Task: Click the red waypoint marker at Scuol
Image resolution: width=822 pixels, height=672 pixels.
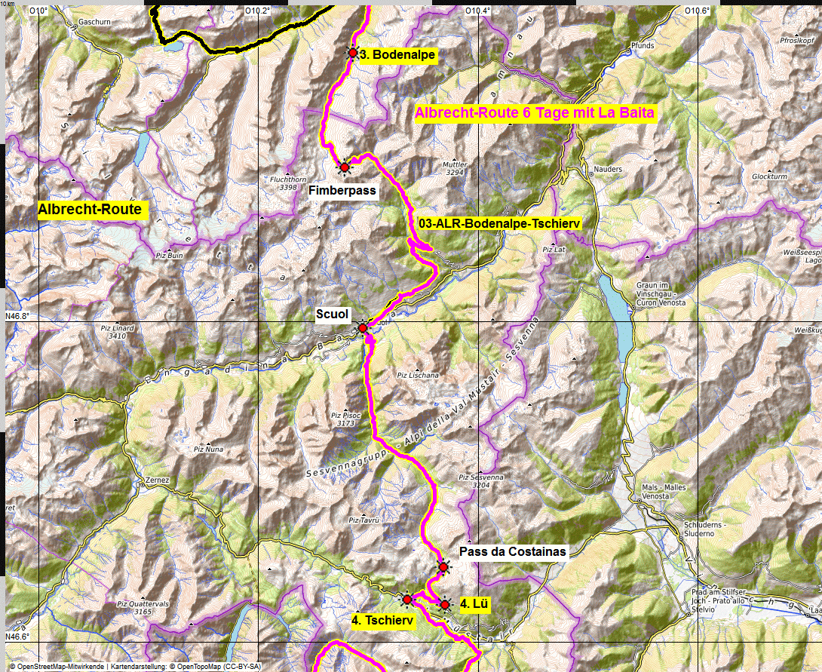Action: click(x=362, y=328)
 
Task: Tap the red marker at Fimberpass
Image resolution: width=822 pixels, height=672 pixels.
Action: click(x=344, y=167)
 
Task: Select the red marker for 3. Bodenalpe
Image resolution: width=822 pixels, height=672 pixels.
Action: click(x=352, y=53)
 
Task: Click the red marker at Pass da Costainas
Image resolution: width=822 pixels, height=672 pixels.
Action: click(x=443, y=567)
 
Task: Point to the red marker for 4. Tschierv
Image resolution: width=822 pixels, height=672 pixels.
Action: click(x=407, y=600)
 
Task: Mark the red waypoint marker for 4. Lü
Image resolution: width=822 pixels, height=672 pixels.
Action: click(x=444, y=603)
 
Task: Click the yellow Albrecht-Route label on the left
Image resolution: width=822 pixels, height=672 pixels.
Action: click(x=90, y=210)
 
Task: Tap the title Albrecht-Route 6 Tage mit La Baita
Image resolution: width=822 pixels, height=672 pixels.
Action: click(x=535, y=113)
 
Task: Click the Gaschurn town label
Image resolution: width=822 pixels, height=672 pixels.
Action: click(x=94, y=23)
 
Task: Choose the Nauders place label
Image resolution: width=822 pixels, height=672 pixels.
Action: click(x=608, y=170)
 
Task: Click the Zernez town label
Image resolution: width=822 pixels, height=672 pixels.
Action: click(x=158, y=480)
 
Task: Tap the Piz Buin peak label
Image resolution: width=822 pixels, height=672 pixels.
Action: click(x=169, y=256)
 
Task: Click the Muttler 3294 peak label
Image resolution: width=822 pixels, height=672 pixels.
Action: click(x=455, y=168)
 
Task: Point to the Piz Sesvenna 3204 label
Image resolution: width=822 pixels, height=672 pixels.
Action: click(x=481, y=481)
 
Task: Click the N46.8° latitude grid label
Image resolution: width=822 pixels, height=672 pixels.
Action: click(x=20, y=317)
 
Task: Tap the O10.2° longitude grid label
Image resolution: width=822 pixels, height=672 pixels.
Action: click(x=257, y=11)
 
